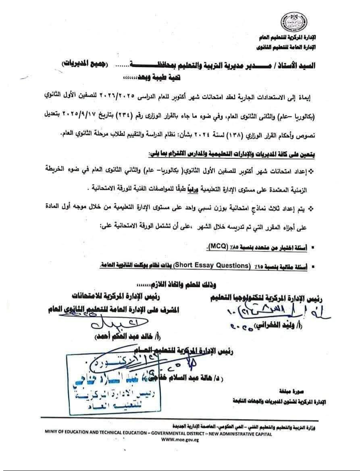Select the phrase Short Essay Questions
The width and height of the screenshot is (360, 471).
point(218,266)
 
